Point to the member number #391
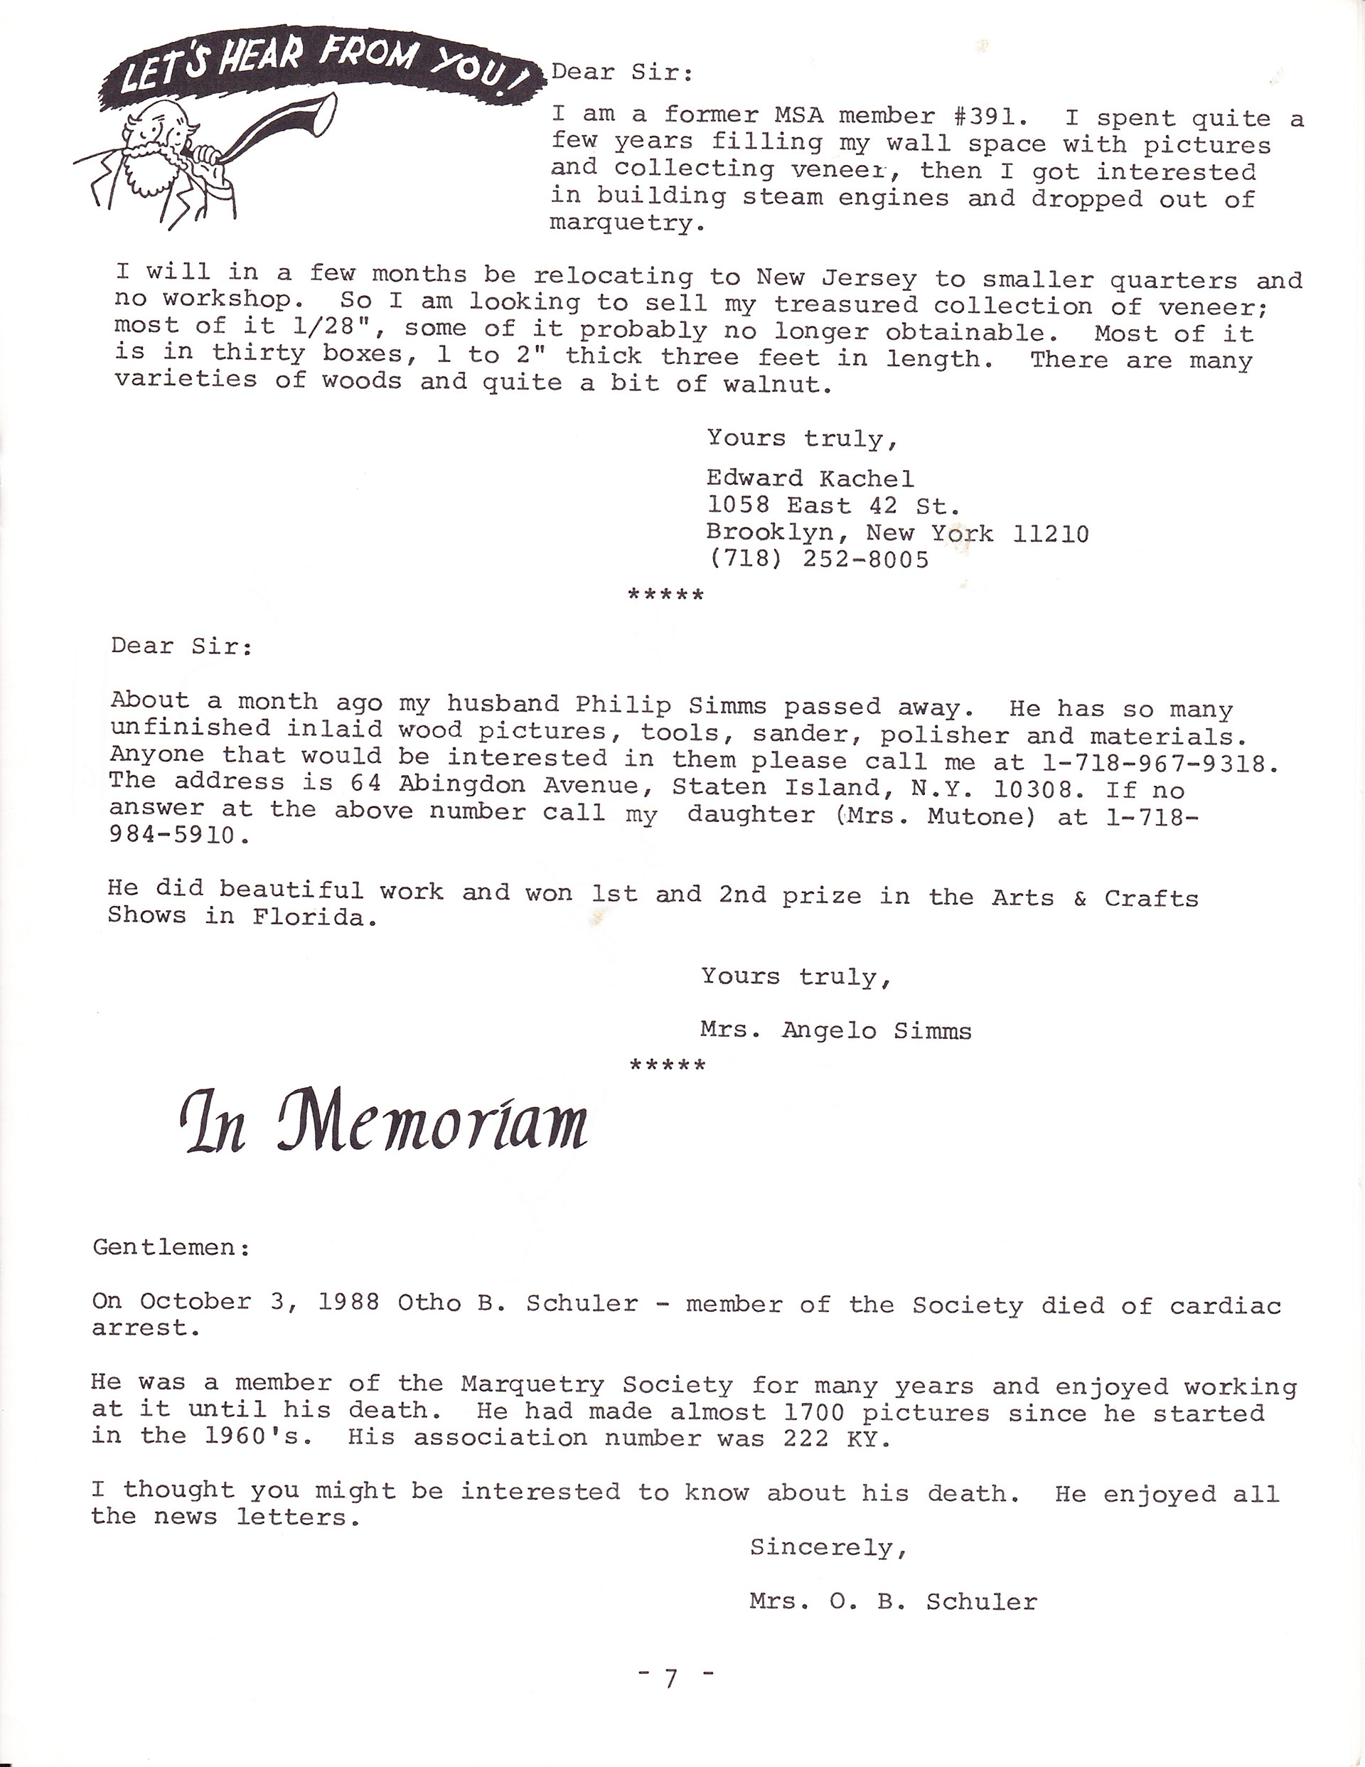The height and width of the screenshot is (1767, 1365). click(x=990, y=117)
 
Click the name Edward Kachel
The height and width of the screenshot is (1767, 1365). click(x=810, y=479)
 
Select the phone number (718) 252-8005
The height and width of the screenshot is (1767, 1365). click(x=817, y=559)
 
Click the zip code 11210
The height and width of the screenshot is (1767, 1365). click(x=1050, y=534)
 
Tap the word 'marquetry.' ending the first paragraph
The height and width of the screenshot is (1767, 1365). click(x=627, y=223)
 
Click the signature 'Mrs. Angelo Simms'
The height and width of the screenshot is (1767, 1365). click(x=835, y=1031)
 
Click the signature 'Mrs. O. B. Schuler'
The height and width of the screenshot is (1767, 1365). click(x=892, y=1601)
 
